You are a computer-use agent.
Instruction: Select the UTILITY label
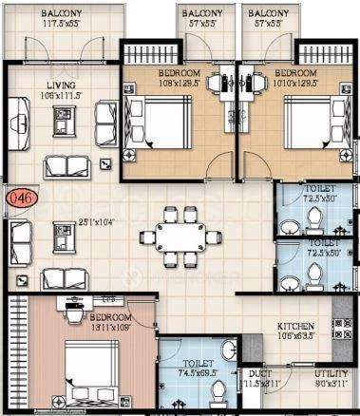332,374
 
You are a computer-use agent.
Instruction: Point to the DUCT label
256,374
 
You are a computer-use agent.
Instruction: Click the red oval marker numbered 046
17,199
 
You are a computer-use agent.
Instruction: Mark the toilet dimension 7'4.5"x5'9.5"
198,374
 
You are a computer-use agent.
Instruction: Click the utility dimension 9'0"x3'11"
332,385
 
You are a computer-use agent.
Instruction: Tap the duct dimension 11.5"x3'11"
257,385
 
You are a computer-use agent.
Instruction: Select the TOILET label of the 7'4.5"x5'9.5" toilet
198,363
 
